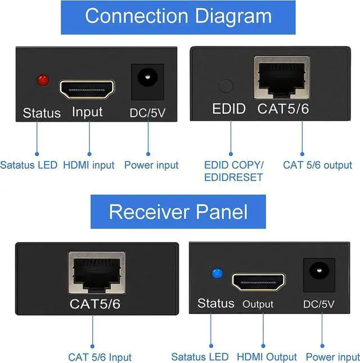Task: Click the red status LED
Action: (x=42, y=80)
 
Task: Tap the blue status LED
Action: (x=217, y=274)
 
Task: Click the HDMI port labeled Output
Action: (x=259, y=281)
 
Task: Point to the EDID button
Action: (x=226, y=86)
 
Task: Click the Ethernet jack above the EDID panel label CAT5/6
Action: (x=281, y=76)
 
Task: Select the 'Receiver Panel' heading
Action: (x=178, y=212)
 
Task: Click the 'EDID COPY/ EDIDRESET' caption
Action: (x=233, y=171)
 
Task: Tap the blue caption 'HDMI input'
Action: (x=88, y=165)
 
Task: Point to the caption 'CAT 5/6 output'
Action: (x=317, y=165)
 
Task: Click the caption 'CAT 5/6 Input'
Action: (x=100, y=357)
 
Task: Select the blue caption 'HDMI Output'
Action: (x=267, y=357)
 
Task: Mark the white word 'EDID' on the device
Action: (x=228, y=109)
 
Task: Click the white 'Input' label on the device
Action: (x=87, y=111)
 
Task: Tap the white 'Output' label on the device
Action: (x=258, y=304)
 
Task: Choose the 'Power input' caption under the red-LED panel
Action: (x=151, y=165)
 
